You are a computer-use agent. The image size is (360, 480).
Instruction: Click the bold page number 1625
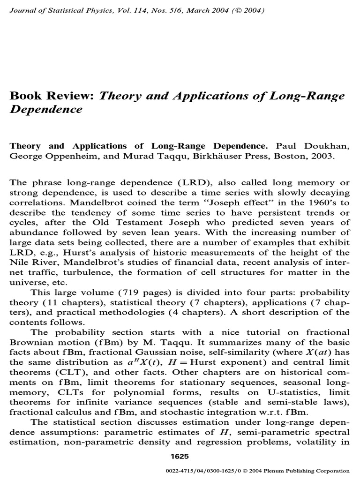coord(180,457)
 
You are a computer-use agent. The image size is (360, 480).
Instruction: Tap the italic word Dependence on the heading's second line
coord(46,109)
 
